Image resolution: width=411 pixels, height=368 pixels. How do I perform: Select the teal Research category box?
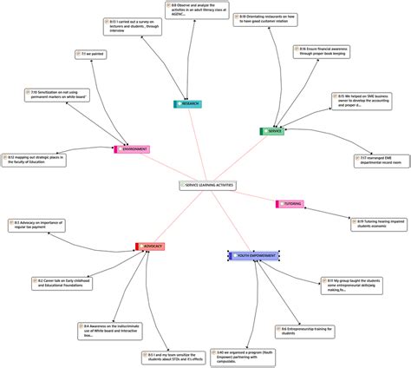[x=187, y=103]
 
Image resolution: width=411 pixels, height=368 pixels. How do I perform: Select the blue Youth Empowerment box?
[x=253, y=232]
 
